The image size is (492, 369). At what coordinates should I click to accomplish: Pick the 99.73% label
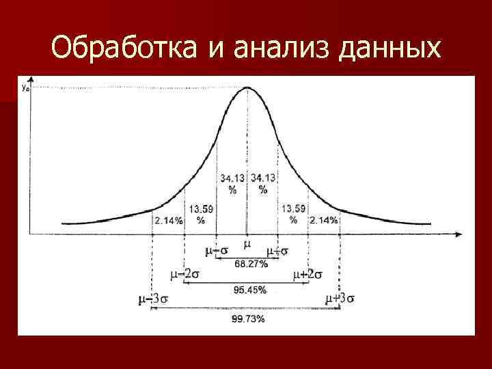point(247,318)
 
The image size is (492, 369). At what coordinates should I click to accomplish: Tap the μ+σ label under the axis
point(278,251)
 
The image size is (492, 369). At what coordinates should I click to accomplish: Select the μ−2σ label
point(184,275)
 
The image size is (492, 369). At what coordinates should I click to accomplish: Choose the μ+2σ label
point(307,275)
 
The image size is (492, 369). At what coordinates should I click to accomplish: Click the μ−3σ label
point(152,299)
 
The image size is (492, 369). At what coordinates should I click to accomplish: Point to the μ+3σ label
point(340,299)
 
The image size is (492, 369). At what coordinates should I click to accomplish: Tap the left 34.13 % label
point(232,183)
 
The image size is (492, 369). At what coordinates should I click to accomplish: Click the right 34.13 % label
point(263,183)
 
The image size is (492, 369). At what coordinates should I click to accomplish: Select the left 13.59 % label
point(201,214)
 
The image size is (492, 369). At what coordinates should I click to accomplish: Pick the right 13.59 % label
point(294,214)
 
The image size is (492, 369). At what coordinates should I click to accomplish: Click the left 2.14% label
point(168,220)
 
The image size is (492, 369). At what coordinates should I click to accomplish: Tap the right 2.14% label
point(323,220)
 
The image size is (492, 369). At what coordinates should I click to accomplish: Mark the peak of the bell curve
point(247,87)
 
